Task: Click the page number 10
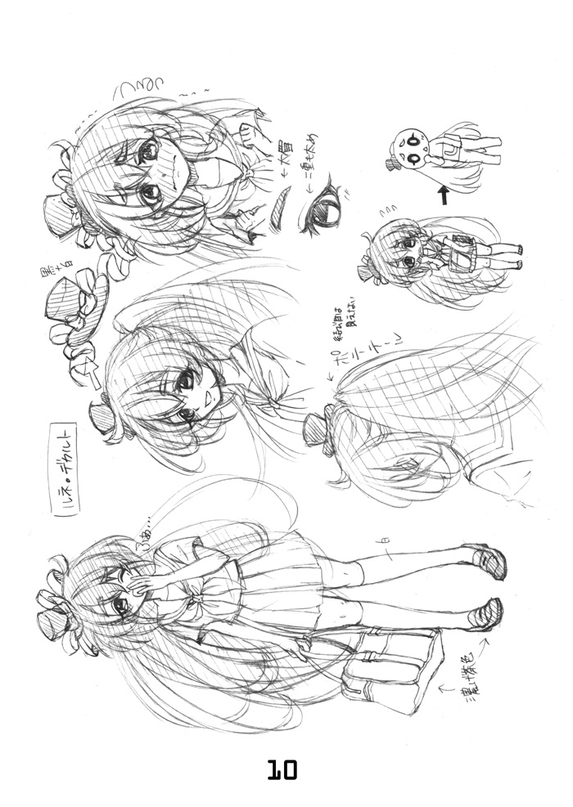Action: (x=281, y=769)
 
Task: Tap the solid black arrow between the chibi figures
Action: (x=442, y=195)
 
